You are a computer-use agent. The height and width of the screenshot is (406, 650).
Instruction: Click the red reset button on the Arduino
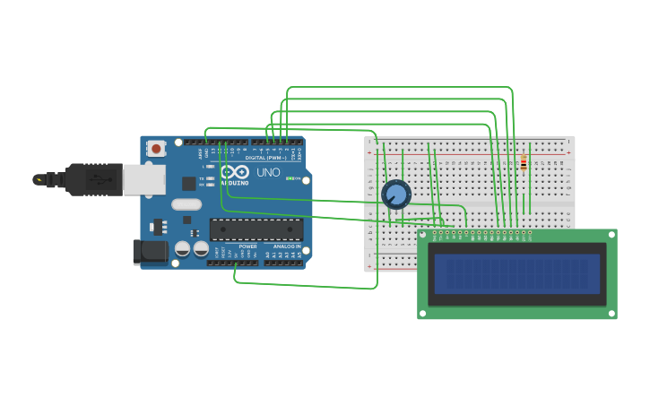click(x=156, y=149)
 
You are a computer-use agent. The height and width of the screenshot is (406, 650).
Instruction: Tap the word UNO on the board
click(x=268, y=172)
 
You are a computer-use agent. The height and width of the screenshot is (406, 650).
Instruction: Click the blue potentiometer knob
click(x=395, y=194)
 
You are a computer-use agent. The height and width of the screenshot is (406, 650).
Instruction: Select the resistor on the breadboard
click(x=524, y=162)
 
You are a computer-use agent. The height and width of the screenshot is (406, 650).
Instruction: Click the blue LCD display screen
click(x=517, y=273)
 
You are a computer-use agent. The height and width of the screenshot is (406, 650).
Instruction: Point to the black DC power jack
click(x=149, y=252)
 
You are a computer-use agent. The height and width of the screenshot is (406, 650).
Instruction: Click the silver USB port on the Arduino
click(x=143, y=179)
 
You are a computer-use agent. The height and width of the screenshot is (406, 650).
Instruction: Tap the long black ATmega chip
click(x=256, y=229)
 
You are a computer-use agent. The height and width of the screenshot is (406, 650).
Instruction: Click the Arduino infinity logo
click(x=235, y=171)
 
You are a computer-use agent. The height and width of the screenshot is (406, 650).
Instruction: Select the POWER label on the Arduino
click(x=247, y=246)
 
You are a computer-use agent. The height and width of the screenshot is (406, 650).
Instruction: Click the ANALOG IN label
click(x=287, y=246)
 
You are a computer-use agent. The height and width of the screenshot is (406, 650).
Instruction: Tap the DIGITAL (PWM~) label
click(x=265, y=158)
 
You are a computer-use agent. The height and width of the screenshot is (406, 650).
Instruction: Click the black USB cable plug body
click(x=92, y=179)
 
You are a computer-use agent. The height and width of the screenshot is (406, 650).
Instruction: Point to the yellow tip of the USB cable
click(x=39, y=179)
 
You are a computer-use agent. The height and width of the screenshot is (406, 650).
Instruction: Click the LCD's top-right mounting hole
click(x=611, y=235)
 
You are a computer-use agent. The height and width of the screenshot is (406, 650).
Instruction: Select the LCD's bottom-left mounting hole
click(x=423, y=314)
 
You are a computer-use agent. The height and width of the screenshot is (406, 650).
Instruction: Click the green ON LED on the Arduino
click(x=289, y=178)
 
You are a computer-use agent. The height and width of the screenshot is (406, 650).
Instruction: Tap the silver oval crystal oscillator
click(x=186, y=204)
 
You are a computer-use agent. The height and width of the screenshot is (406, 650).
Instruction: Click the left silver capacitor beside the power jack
click(x=182, y=247)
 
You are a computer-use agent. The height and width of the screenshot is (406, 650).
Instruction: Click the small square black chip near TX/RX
click(x=188, y=184)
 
